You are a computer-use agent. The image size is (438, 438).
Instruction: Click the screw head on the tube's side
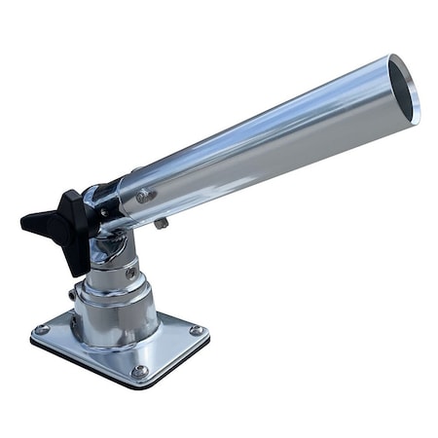[x=144, y=197]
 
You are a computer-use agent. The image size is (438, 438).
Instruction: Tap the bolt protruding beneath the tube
[x=161, y=224]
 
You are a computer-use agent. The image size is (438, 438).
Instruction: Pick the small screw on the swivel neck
[x=130, y=272]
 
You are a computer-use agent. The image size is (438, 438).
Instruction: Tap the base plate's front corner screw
[x=139, y=371]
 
